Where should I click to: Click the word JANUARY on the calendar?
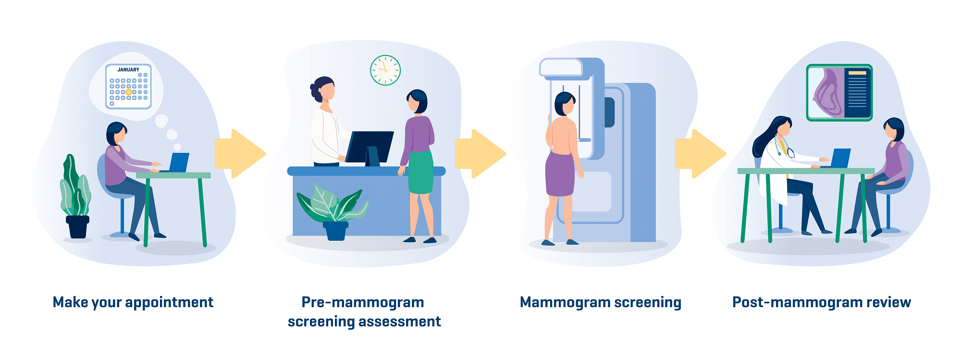tap(128, 70)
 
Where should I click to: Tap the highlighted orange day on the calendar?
tap(128, 92)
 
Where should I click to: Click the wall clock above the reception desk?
tap(385, 70)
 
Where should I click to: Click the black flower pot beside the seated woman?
tap(78, 227)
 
